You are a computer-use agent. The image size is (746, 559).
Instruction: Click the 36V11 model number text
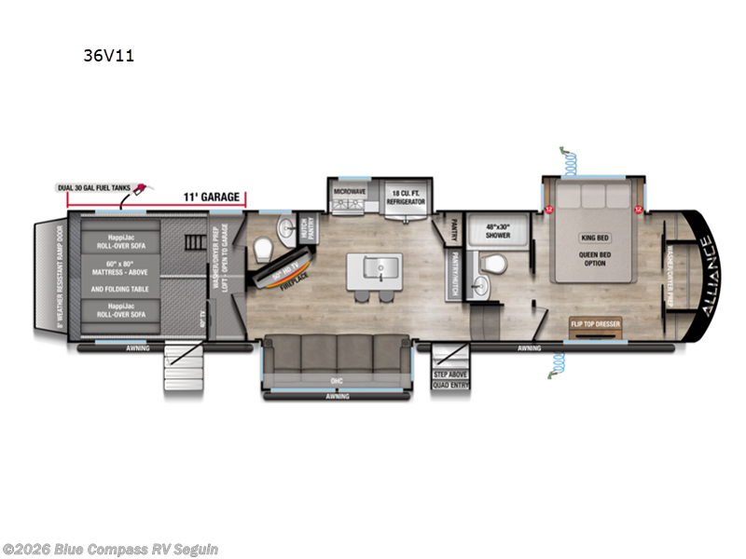click(109, 56)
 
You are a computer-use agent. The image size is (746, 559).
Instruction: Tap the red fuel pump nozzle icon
click(142, 190)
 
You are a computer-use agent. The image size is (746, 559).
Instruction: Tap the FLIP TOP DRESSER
click(595, 324)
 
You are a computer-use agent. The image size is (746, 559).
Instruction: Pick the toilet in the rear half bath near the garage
click(263, 250)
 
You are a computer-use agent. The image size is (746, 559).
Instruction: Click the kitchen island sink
click(368, 269)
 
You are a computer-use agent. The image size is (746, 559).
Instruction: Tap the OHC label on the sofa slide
click(337, 379)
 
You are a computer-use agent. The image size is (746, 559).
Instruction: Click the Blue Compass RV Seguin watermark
click(110, 549)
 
